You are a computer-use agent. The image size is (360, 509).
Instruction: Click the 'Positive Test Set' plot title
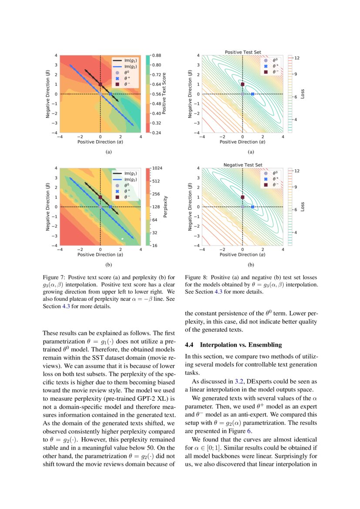[x=242, y=52]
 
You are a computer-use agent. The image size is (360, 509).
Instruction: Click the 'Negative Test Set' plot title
[x=242, y=165]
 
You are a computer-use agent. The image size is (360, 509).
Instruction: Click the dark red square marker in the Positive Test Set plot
[x=242, y=84]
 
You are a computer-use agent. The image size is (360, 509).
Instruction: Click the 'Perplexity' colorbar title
[x=165, y=206]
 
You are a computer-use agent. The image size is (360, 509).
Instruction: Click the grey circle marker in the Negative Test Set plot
[x=242, y=207]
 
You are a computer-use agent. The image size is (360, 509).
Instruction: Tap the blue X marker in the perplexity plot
[x=111, y=207]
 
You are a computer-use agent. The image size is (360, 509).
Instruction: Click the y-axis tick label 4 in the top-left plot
[x=56, y=56]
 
